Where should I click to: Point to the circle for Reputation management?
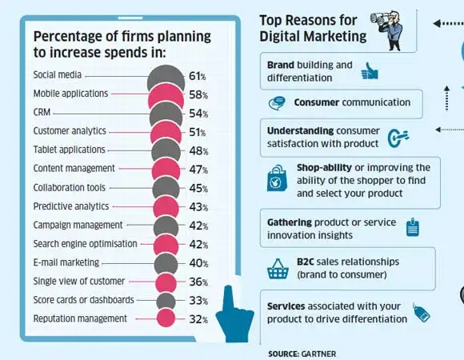tap(166, 318)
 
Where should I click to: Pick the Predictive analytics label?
tap(70, 206)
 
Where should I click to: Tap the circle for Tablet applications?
tap(166, 150)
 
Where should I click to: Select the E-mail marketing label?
tap(66, 262)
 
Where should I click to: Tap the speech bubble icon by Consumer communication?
tap(278, 103)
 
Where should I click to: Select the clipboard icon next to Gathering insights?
tap(414, 227)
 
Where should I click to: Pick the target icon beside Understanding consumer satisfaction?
tap(398, 138)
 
